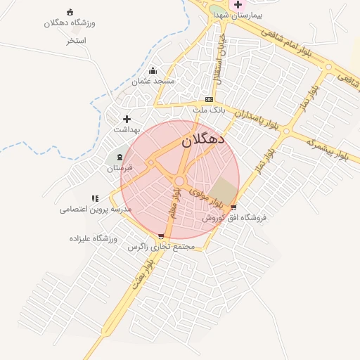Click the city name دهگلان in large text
(202, 139)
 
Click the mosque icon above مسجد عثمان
(153, 70)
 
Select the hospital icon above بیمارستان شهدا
(238, 4)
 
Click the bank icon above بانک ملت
(209, 100)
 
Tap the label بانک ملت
(209, 110)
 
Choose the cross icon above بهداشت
(127, 119)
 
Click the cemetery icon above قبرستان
(119, 157)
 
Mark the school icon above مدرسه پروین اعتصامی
(95, 198)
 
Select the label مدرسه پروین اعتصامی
(82, 209)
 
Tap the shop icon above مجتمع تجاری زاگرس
(162, 237)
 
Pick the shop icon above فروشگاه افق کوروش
(233, 207)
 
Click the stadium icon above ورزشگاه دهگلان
(70, 12)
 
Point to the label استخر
(76, 41)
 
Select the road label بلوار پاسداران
(257, 119)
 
